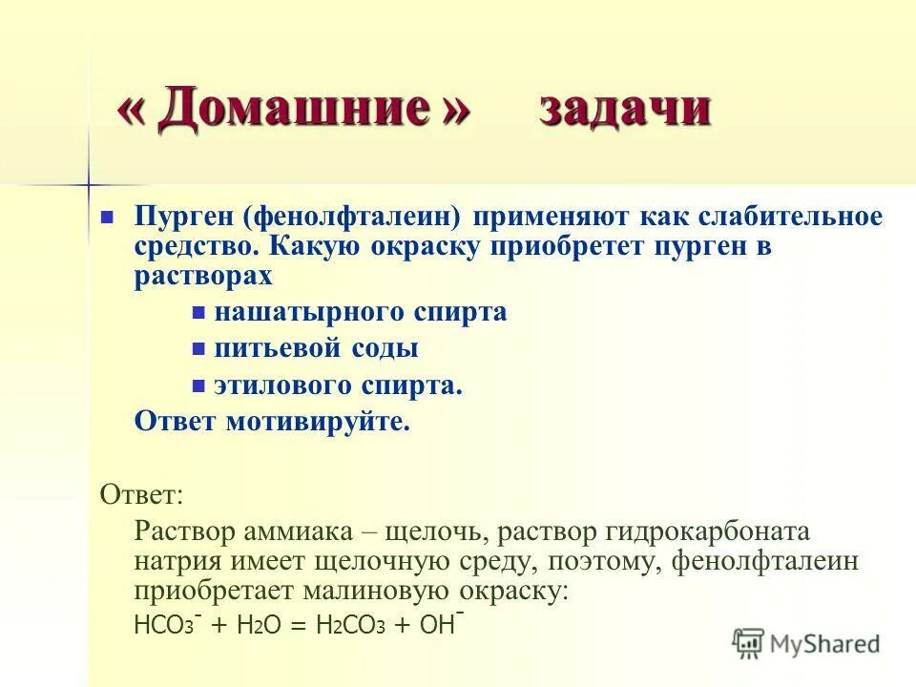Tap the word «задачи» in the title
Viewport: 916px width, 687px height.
click(x=625, y=109)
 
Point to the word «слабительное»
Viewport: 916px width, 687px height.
click(x=771, y=216)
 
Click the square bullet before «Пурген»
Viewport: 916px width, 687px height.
click(x=108, y=216)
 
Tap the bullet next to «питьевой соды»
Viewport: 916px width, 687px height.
click(x=199, y=349)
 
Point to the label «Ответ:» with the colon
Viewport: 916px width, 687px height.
click(x=142, y=494)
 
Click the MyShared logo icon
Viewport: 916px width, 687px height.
click(x=749, y=643)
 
